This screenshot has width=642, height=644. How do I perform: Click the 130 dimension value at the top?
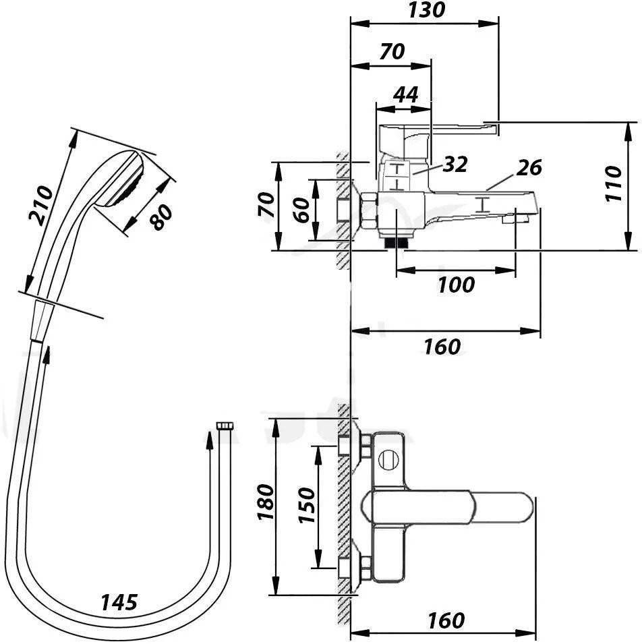(426, 10)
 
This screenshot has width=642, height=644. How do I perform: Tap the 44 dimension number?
(405, 94)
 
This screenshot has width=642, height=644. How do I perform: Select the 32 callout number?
(455, 165)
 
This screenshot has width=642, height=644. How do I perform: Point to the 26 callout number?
(529, 167)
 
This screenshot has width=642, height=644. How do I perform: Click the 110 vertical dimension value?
(614, 183)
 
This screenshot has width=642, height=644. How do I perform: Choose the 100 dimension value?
(456, 285)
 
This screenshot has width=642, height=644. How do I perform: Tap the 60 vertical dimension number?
(302, 210)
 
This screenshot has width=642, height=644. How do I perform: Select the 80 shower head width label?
(160, 217)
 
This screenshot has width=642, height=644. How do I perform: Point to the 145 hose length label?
(119, 602)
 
